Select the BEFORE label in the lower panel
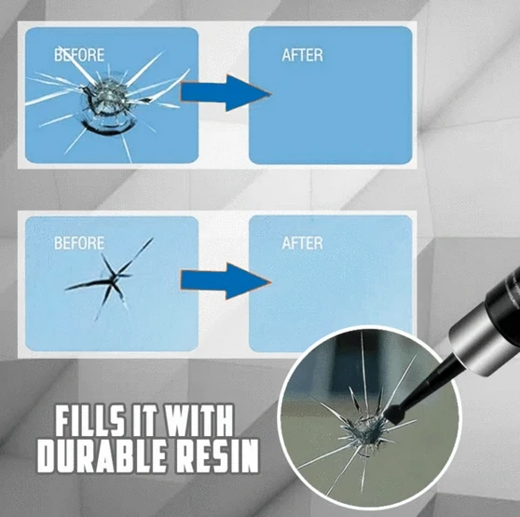coord(79,243)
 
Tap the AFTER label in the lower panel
coord(304,243)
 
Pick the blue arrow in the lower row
coord(223,279)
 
